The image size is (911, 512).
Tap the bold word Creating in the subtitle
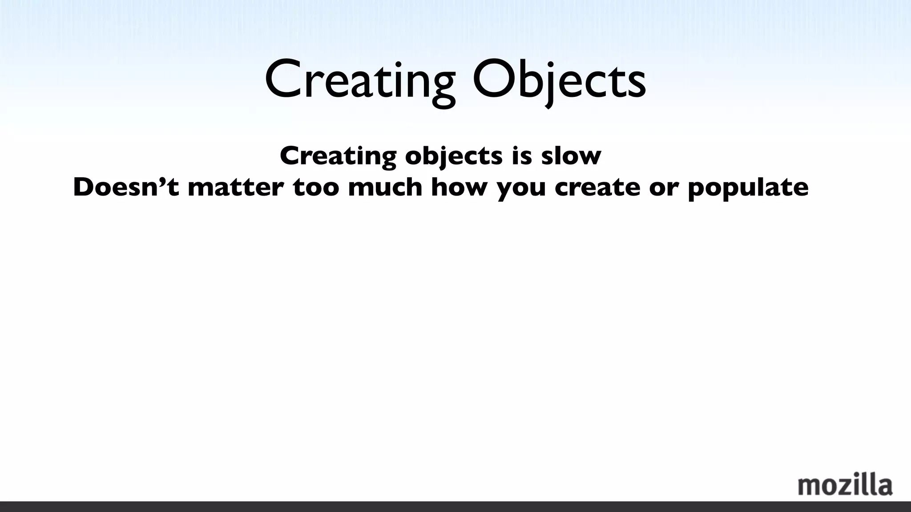pos(338,156)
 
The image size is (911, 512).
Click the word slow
pos(571,156)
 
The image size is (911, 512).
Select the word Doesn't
pos(126,187)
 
